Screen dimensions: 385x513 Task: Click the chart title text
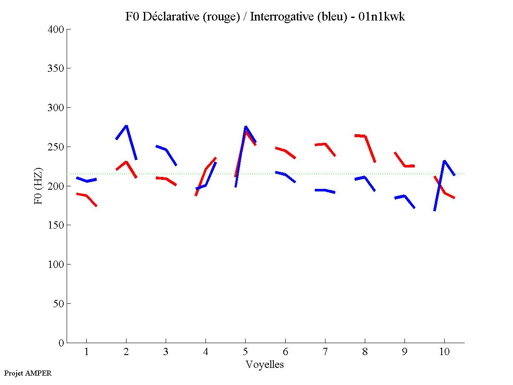tap(265, 17)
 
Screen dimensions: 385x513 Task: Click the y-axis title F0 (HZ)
tap(38, 186)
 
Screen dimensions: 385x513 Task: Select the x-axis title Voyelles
tap(265, 364)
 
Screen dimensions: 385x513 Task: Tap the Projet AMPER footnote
tap(28, 373)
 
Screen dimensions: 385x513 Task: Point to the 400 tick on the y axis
tap(56, 29)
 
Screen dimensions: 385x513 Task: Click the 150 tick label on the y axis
tap(56, 225)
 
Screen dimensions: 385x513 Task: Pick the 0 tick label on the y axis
tap(62, 343)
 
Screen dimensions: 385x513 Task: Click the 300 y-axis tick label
tap(56, 108)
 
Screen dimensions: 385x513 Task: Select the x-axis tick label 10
tap(444, 352)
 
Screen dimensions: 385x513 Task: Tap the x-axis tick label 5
tap(245, 352)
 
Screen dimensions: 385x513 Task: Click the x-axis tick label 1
tap(86, 352)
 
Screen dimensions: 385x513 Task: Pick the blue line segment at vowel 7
tap(325, 190)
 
